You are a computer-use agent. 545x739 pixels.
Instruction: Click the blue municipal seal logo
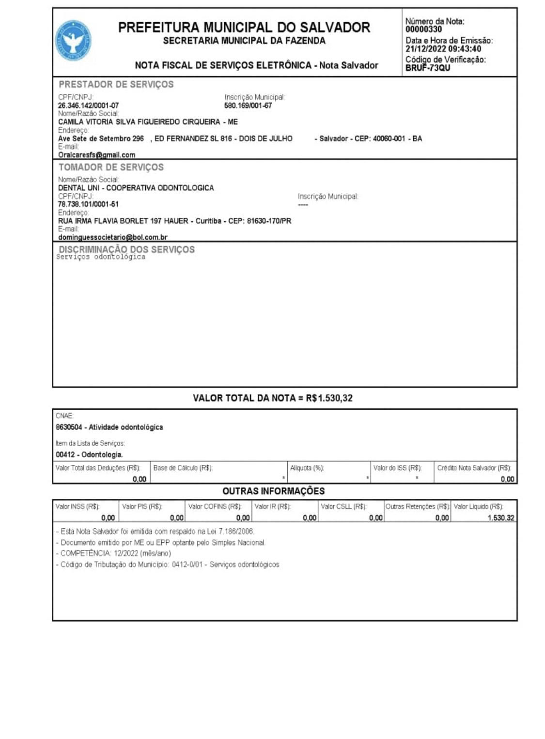pyautogui.click(x=73, y=41)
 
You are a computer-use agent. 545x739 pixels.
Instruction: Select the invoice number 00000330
pyautogui.click(x=423, y=30)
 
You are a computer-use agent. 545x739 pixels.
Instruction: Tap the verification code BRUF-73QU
pyautogui.click(x=428, y=68)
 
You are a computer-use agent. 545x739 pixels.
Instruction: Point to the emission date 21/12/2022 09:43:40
pyautogui.click(x=443, y=49)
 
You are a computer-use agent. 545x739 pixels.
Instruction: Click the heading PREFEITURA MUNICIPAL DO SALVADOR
pyautogui.click(x=244, y=28)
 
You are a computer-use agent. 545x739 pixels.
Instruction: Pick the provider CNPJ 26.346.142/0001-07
pyautogui.click(x=88, y=106)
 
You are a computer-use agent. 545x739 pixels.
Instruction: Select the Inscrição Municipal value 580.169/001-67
pyautogui.click(x=248, y=106)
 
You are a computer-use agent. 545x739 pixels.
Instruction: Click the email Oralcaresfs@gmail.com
pyautogui.click(x=96, y=155)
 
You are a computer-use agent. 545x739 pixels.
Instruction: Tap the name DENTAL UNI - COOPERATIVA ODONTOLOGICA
pyautogui.click(x=136, y=188)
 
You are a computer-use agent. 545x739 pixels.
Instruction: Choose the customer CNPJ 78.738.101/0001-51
pyautogui.click(x=88, y=204)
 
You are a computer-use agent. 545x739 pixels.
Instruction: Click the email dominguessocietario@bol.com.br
pyautogui.click(x=113, y=237)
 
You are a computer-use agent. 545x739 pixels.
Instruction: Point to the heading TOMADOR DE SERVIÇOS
pyautogui.click(x=111, y=168)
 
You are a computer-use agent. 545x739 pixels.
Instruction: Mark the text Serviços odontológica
pyautogui.click(x=101, y=257)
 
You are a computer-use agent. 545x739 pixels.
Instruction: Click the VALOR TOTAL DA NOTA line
pyautogui.click(x=273, y=399)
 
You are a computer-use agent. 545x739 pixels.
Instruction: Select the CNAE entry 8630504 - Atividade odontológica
pyautogui.click(x=109, y=427)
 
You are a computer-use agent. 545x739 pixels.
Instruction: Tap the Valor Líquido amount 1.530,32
pyautogui.click(x=501, y=518)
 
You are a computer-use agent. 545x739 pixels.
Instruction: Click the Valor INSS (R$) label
pyautogui.click(x=78, y=507)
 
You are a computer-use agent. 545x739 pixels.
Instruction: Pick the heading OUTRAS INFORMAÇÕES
pyautogui.click(x=273, y=491)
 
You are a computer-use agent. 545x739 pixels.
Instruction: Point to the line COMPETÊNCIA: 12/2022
pyautogui.click(x=115, y=553)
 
